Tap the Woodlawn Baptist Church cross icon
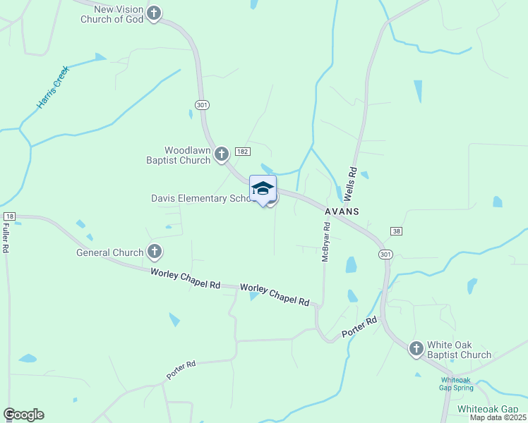coord(221,153)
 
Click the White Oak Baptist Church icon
coord(416,348)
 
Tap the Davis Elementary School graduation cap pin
coord(263,189)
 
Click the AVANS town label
coord(342,211)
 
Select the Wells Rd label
coord(353,183)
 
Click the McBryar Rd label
coord(326,243)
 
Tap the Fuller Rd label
coord(5,238)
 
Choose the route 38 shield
coord(396,231)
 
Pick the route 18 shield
coord(8,216)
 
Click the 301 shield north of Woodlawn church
coord(203,105)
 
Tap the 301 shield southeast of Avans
coord(385,254)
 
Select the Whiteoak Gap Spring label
coord(452,383)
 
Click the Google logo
coord(23,415)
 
